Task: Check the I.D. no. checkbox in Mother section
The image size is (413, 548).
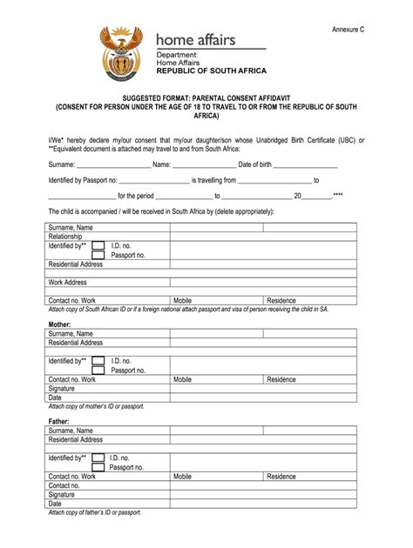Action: click(98, 360)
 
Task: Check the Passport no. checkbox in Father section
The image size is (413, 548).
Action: click(98, 467)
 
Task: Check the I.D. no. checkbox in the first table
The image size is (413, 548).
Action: click(98, 245)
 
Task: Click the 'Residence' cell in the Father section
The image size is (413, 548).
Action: click(281, 477)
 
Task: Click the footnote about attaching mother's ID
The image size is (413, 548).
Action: click(96, 406)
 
